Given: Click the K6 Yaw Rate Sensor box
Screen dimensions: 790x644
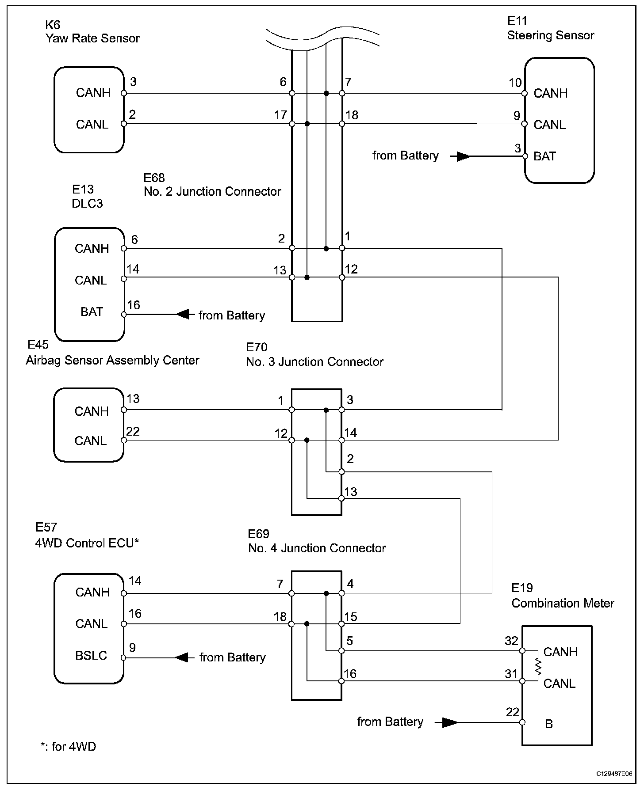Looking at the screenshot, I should point(89,110).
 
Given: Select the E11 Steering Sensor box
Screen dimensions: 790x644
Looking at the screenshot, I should point(559,120).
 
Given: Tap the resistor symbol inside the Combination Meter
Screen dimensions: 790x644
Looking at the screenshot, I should point(538,666).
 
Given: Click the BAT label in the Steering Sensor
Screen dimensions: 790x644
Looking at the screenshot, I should point(544,156).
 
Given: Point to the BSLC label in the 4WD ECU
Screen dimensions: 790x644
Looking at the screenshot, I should point(91,655).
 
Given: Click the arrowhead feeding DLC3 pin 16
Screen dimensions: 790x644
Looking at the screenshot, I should point(184,315).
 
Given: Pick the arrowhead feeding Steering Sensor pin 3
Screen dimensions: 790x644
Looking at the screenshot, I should point(464,156).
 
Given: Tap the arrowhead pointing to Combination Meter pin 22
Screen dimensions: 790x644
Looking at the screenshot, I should point(450,722).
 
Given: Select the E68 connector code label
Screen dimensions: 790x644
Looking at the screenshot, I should point(154,178).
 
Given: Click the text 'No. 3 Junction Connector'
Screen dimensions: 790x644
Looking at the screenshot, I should point(314,362).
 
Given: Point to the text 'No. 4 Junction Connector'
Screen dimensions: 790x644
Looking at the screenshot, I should point(317,548).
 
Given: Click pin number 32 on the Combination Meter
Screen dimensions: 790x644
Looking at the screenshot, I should point(511,641).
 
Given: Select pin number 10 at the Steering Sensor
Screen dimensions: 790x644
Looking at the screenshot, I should point(515,83).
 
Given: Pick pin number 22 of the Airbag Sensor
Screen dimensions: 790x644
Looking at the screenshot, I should point(133,431).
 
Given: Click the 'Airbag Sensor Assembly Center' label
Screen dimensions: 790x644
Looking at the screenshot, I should point(112,361).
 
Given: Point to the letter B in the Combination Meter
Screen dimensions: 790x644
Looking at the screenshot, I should point(549,724).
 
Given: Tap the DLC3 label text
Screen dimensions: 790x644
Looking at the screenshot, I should point(87,204).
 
